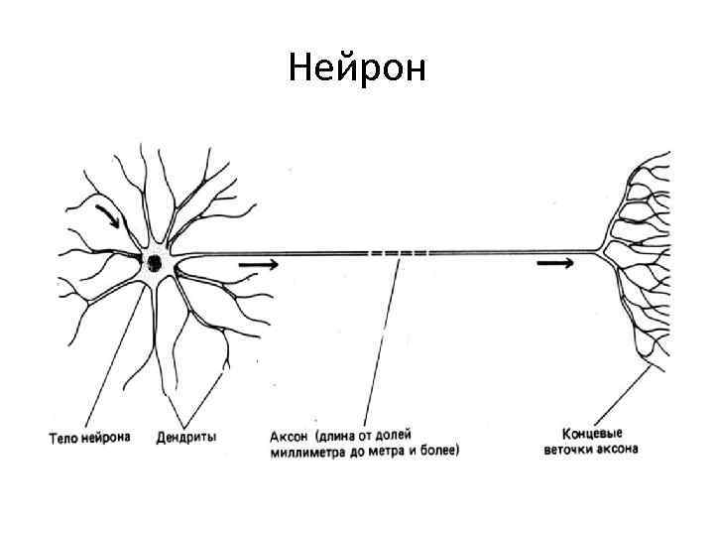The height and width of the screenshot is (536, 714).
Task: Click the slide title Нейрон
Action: point(357,68)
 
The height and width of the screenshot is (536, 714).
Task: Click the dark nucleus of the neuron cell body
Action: point(156,262)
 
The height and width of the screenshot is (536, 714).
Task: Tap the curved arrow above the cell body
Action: point(108,216)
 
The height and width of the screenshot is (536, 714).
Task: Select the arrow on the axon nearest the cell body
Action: point(258,265)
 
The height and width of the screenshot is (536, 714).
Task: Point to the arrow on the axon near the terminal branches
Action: point(554,264)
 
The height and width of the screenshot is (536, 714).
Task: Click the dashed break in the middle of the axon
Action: point(399,253)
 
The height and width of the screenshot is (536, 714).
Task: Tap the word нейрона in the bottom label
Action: point(105,436)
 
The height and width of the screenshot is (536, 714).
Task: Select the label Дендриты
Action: point(187,436)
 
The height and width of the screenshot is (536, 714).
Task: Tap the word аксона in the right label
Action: point(619,450)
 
